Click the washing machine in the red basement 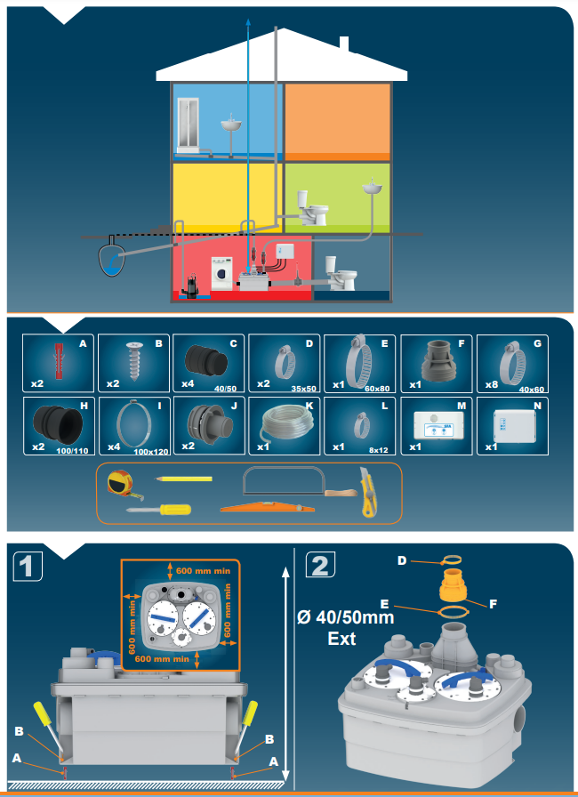point(222,273)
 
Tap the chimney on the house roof point(344,44)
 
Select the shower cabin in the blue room point(188,125)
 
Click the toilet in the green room point(311,208)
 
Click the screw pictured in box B point(135,361)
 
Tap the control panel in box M point(438,426)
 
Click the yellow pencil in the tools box point(183,479)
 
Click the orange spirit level point(268,507)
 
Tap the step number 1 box point(27,566)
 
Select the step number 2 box point(320,566)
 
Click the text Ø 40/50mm point(345,617)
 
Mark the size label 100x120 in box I point(151,451)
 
